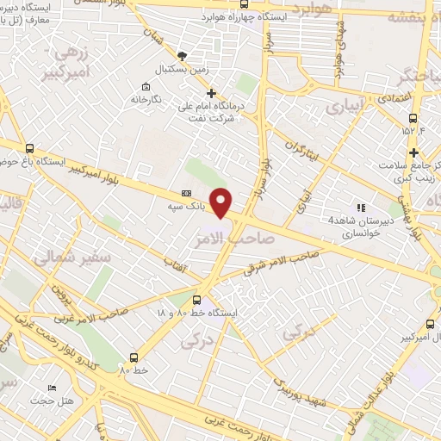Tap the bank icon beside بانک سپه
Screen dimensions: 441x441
click(187, 194)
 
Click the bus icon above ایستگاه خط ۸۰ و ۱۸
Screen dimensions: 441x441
click(197, 301)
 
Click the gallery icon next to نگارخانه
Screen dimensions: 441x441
click(145, 88)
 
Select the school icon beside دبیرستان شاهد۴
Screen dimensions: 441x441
click(360, 207)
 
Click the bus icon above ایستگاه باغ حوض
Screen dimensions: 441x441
click(30, 147)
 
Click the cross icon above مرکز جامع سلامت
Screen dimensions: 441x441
click(414, 152)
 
